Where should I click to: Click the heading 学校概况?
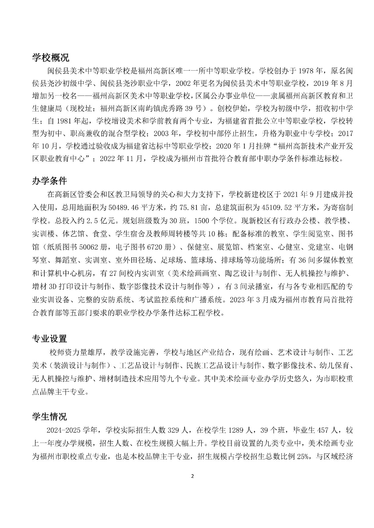pos(51,58)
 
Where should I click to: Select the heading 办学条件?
pos(49,181)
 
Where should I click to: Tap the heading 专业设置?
pos(49,339)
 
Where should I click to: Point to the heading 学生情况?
pos(49,417)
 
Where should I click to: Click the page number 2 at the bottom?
pos(192,476)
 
